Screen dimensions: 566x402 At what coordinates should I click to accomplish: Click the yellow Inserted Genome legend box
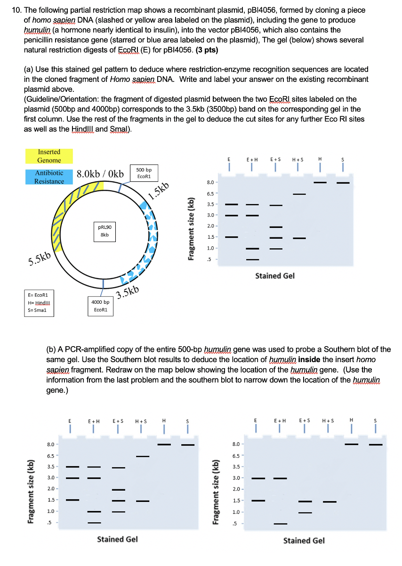(x=49, y=156)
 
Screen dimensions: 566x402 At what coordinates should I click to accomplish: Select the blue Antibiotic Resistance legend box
(x=49, y=177)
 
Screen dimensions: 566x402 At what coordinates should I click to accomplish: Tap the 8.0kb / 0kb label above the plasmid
(x=100, y=174)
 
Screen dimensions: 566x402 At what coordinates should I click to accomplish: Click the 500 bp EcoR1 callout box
(x=144, y=173)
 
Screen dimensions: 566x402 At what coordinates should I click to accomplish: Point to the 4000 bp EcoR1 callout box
(x=100, y=306)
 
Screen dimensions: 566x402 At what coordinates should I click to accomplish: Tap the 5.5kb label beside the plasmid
(x=40, y=259)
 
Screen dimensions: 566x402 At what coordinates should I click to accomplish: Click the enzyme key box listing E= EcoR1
(x=40, y=302)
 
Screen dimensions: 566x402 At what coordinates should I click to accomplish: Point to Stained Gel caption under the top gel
(x=274, y=276)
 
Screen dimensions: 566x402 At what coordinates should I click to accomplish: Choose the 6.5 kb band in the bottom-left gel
(x=143, y=456)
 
